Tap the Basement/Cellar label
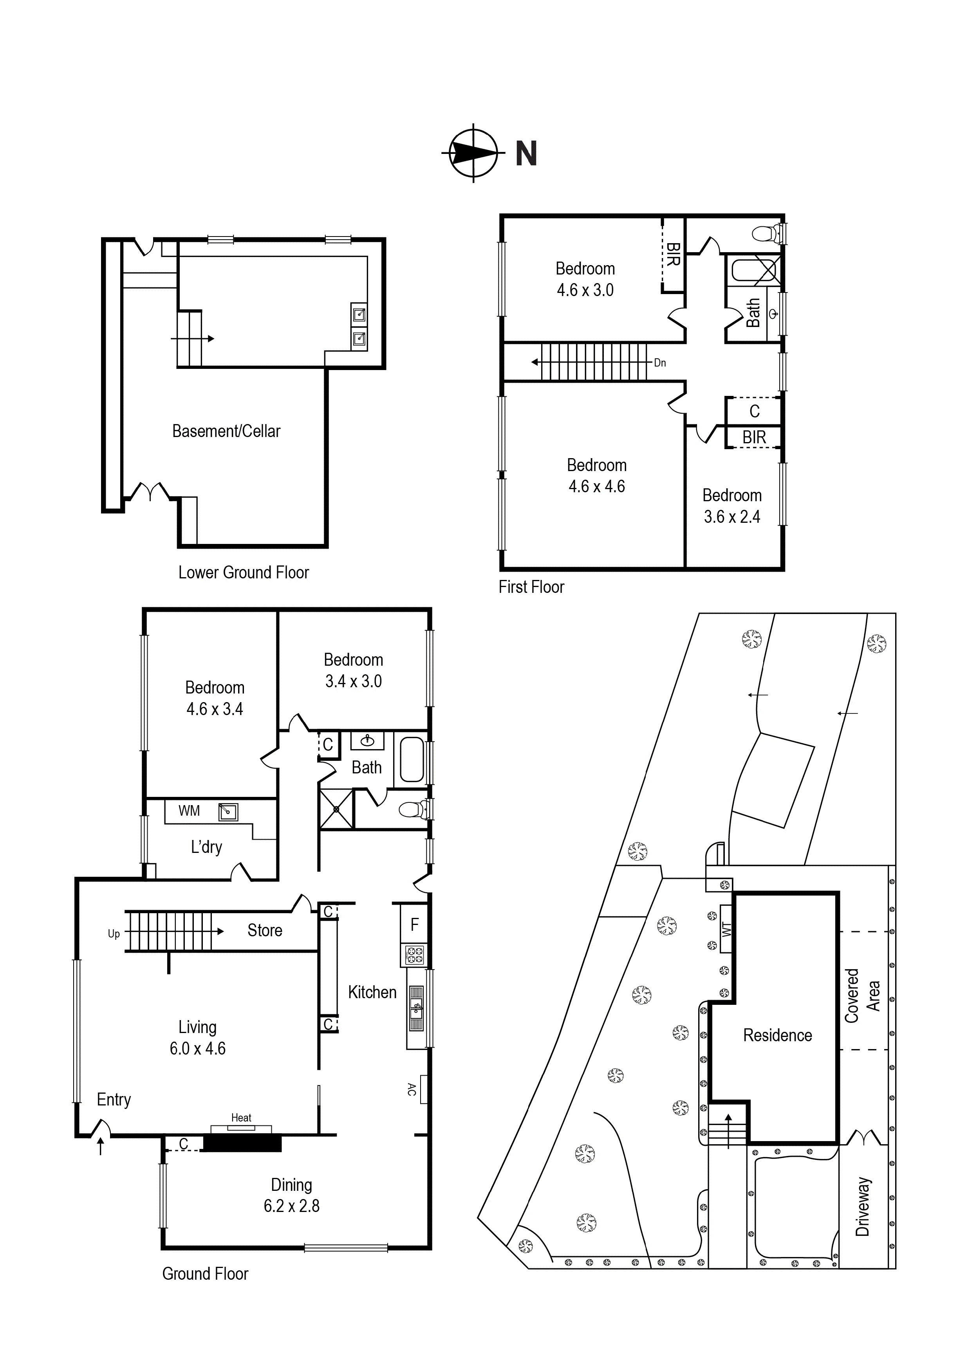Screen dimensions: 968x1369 226,431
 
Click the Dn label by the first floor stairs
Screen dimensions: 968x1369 660,363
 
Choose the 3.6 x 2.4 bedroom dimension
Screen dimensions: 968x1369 732,517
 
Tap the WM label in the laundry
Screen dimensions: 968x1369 189,811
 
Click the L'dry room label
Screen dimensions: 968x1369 206,847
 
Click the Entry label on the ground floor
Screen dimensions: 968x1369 114,1100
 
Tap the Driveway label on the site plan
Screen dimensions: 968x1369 862,1207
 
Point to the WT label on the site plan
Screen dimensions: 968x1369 726,929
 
